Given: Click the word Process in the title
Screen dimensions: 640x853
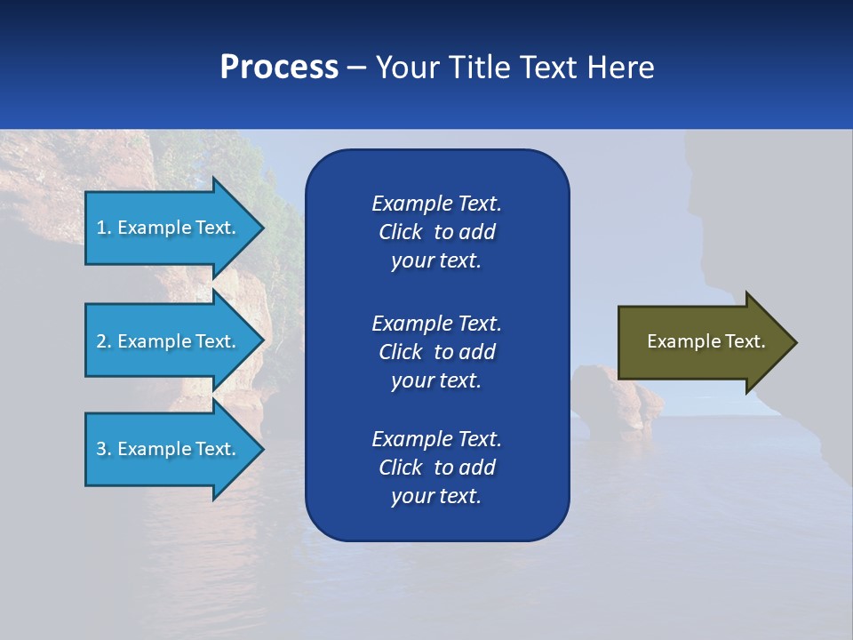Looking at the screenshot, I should [x=278, y=68].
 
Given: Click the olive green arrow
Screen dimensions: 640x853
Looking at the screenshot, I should [x=702, y=341].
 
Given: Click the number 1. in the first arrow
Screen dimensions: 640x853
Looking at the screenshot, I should [x=104, y=228].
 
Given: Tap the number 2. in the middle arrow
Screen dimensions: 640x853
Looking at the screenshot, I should [x=104, y=341].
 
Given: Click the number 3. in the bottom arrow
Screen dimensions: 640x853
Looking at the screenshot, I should [x=104, y=449].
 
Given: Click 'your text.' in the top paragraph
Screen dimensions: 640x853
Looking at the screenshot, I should [x=436, y=261].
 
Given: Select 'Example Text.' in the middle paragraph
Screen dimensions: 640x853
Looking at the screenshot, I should [x=436, y=323].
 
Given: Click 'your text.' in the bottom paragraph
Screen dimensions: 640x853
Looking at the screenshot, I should [x=436, y=497].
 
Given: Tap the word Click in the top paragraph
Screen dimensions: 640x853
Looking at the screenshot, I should [x=401, y=233].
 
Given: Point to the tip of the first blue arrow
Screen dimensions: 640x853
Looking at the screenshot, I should [x=262, y=228].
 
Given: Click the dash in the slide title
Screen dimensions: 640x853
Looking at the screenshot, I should [x=356, y=68].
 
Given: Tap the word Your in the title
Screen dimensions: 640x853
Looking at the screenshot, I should [x=406, y=68].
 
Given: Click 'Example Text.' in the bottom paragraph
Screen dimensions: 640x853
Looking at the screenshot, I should [x=436, y=439].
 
